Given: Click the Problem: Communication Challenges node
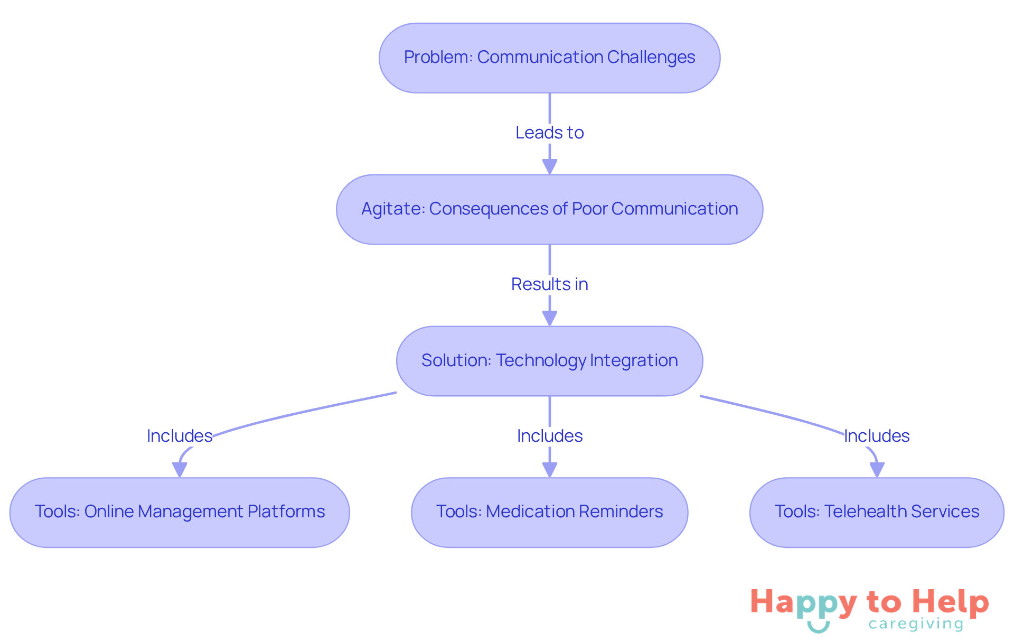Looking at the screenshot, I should [549, 58].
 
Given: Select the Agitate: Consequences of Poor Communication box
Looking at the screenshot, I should [549, 209].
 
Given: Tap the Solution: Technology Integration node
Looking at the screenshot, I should [549, 361].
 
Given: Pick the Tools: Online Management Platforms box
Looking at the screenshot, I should [180, 512].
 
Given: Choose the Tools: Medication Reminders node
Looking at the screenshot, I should [549, 512].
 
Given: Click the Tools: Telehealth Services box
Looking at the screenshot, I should [877, 512].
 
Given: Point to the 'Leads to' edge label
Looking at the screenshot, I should [549, 133].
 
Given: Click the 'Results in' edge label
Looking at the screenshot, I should [549, 284].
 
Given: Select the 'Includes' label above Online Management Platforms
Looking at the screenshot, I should [180, 436].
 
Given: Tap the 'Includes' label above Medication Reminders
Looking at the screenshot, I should [549, 436].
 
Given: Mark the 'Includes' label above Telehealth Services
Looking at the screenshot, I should [877, 436].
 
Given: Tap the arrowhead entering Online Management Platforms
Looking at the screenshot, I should [180, 469].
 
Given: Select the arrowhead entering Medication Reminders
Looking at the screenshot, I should [550, 469].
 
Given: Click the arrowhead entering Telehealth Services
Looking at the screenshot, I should [877, 469].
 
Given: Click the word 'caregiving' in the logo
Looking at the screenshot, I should [916, 624].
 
